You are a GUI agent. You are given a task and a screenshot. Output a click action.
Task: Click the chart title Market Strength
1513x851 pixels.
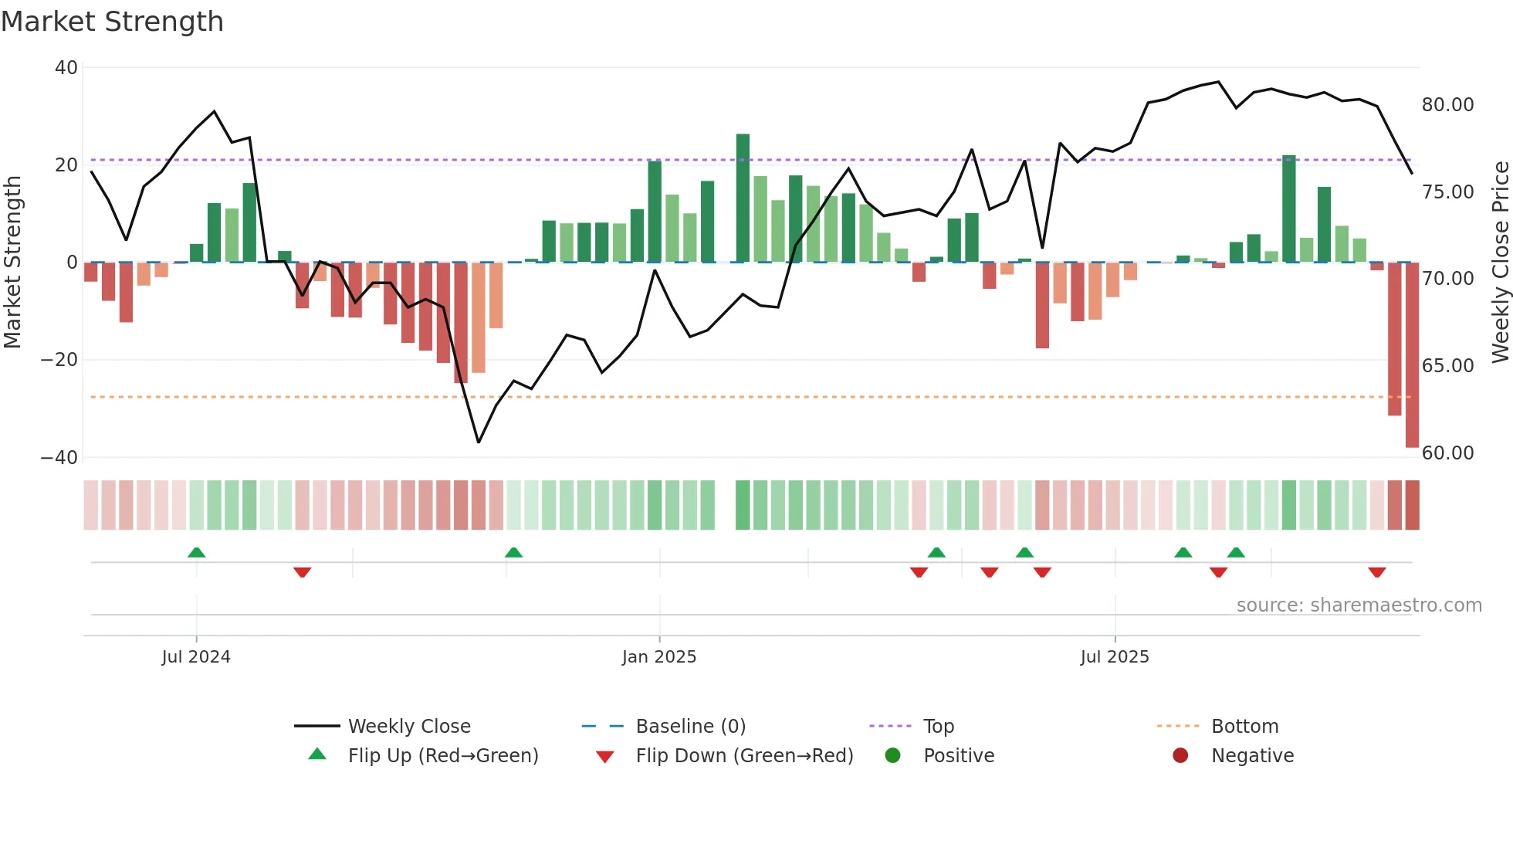pos(112,22)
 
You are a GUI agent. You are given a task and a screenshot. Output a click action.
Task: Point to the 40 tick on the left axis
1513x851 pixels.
pos(66,68)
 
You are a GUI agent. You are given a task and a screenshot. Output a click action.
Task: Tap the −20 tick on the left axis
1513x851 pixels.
pos(59,360)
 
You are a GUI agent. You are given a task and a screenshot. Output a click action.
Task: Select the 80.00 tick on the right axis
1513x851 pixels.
pos(1447,105)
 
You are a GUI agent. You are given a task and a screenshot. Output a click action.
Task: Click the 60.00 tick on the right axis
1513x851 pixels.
pos(1447,453)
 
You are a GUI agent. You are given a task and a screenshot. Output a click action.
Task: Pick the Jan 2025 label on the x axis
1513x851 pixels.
pos(659,657)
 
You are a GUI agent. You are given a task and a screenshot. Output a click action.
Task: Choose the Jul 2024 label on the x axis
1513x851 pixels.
pos(196,657)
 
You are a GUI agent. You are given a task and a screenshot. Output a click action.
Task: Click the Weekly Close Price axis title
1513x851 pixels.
pos(1500,263)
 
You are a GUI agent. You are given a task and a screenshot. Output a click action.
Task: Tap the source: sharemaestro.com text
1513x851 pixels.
pos(1359,605)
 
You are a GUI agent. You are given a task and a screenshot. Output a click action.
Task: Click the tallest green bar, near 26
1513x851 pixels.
pos(743,198)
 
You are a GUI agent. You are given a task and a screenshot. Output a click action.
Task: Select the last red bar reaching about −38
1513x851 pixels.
pos(1412,355)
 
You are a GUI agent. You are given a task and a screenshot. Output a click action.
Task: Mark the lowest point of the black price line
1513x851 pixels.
pos(479,442)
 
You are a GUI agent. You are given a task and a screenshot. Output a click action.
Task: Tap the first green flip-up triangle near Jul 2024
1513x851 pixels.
pos(197,552)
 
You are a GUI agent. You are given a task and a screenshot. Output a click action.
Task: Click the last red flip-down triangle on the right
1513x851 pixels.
pos(1377,572)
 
